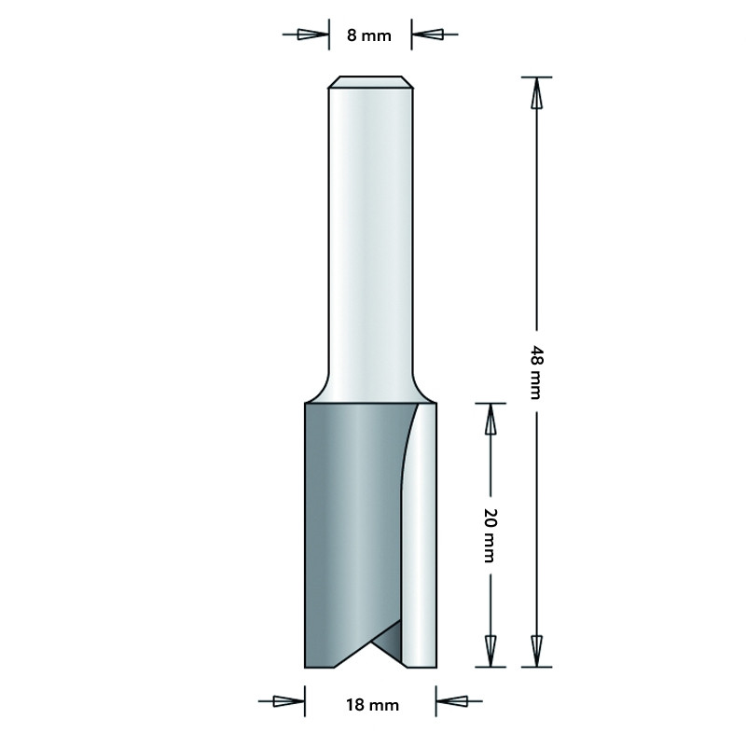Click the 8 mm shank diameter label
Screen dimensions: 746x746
pos(368,35)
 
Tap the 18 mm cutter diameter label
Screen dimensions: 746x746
pos(372,705)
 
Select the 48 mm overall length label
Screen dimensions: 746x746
pos(536,372)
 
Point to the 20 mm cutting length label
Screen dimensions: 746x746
pos(490,535)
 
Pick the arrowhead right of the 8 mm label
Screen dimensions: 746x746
pos(427,35)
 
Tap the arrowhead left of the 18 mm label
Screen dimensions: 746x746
pos(289,701)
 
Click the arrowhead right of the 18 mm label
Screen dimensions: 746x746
pos(452,701)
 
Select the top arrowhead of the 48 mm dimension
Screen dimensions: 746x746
pos(537,93)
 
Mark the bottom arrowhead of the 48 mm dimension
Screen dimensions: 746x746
pos(537,651)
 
